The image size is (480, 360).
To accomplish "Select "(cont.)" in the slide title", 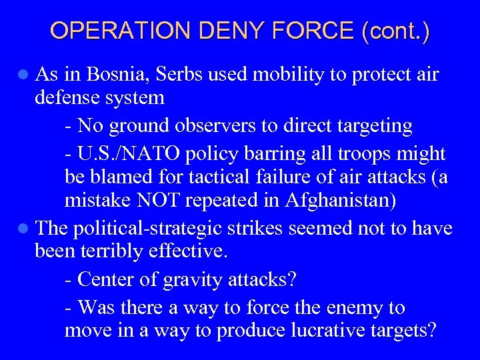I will pyautogui.click(x=395, y=31).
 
